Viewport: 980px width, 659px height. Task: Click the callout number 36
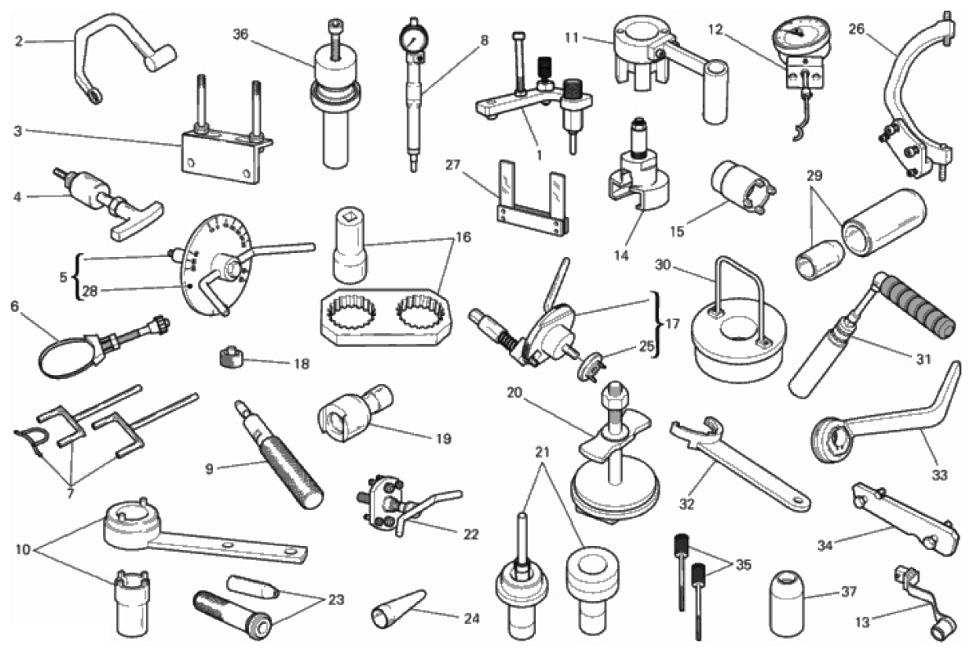(241, 35)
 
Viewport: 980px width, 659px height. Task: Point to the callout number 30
(663, 265)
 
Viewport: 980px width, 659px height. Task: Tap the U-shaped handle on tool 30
(742, 294)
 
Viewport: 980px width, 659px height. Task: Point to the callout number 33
(939, 475)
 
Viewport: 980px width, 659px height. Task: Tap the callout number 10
(22, 550)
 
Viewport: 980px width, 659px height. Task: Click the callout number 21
(542, 452)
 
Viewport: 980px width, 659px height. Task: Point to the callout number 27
(452, 165)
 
